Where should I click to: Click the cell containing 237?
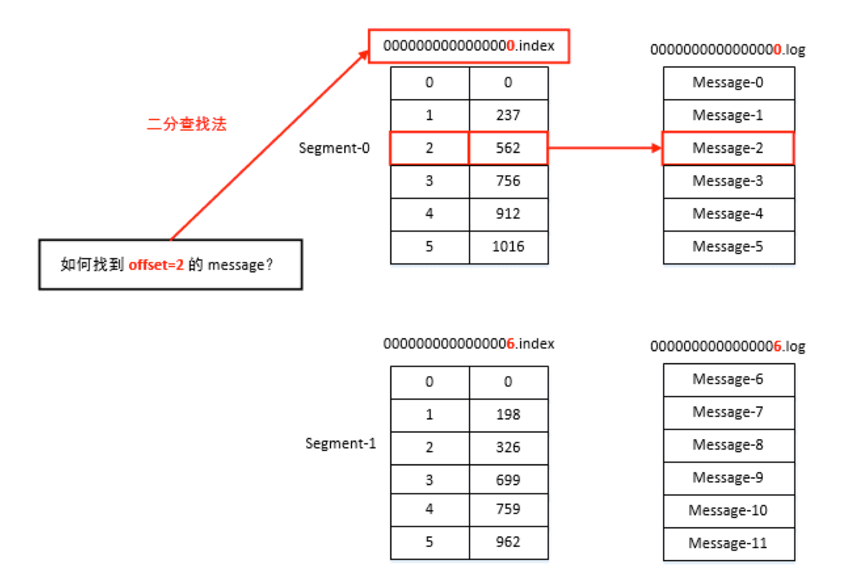[508, 116]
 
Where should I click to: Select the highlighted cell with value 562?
[508, 148]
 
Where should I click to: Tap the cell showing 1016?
[508, 247]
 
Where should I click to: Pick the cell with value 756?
[508, 181]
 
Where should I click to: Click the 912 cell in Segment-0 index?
[508, 214]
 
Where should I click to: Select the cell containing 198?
[508, 415]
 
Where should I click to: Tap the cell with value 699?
[508, 481]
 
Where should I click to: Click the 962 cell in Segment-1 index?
[508, 543]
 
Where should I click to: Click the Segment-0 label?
[334, 148]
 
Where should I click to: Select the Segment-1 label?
[341, 444]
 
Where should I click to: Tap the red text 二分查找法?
[187, 124]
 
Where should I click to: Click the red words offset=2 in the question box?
[156, 265]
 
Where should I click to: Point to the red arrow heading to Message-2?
[605, 148]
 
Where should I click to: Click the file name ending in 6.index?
[469, 344]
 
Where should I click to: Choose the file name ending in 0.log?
[728, 50]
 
